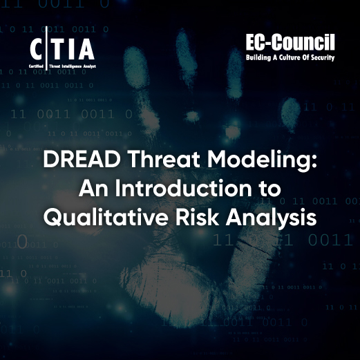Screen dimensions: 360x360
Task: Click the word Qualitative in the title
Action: click(x=100, y=218)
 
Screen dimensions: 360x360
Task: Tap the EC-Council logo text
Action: click(x=290, y=44)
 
